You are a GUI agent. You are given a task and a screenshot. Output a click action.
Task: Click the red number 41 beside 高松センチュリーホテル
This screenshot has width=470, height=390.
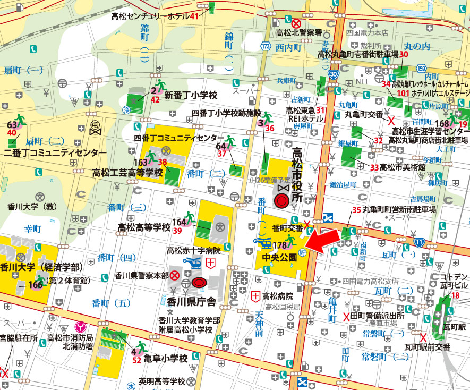(x=194, y=16)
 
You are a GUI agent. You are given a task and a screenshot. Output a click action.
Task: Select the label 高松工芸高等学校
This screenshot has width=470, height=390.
(x=127, y=173)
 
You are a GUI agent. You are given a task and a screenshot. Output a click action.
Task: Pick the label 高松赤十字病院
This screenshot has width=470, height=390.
(x=193, y=250)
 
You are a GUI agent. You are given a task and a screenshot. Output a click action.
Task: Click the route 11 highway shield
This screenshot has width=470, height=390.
(x=419, y=242)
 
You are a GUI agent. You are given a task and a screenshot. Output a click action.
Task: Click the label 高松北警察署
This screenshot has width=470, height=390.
(x=299, y=33)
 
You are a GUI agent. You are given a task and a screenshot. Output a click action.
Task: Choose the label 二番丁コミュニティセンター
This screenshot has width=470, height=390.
(x=52, y=152)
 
